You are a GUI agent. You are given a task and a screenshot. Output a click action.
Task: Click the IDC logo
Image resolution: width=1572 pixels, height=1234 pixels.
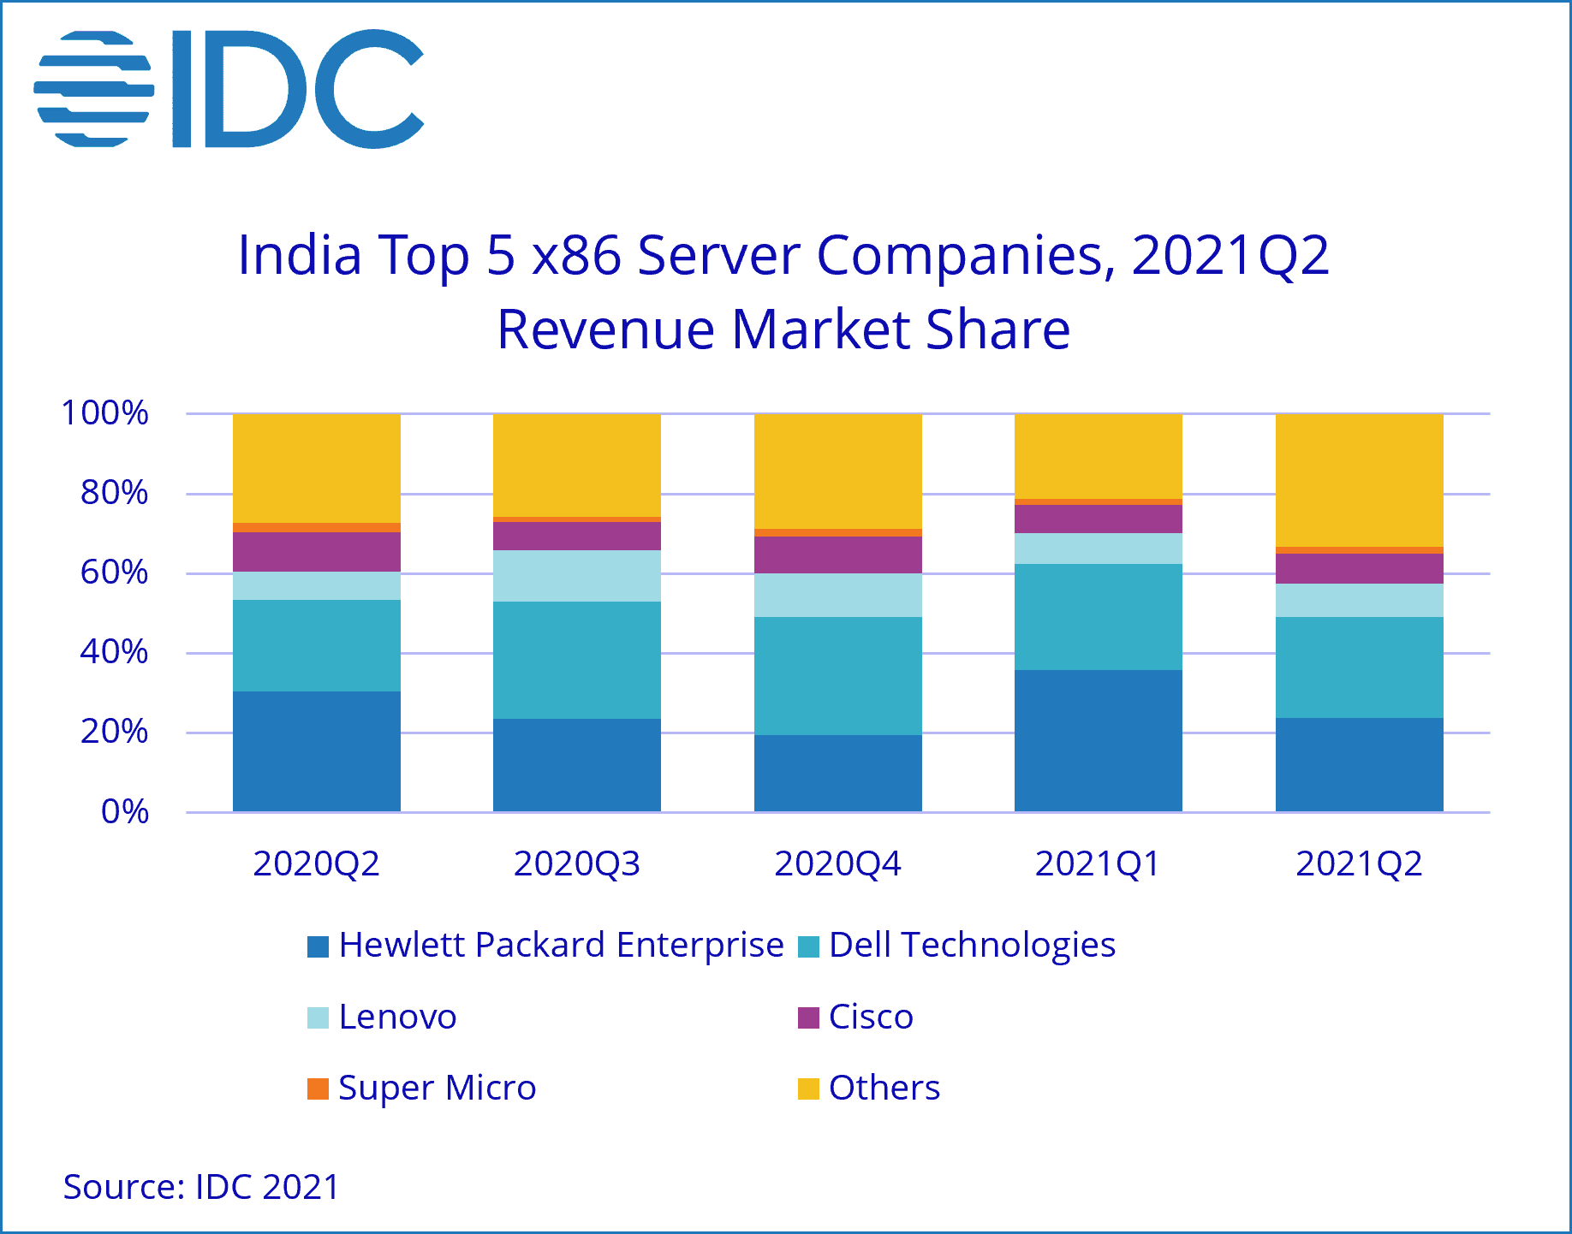click(x=229, y=88)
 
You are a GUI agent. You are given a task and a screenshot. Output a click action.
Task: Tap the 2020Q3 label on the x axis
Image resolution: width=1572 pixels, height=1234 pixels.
click(x=576, y=863)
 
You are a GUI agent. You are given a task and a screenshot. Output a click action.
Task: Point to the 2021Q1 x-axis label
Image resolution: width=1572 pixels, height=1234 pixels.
click(x=1098, y=863)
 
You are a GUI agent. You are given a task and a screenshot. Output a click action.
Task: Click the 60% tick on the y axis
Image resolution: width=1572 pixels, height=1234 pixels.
click(x=114, y=573)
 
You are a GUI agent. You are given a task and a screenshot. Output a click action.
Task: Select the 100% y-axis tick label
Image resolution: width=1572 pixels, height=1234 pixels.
click(x=104, y=413)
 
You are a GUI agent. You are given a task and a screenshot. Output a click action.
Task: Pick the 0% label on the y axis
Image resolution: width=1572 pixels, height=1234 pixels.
click(x=125, y=811)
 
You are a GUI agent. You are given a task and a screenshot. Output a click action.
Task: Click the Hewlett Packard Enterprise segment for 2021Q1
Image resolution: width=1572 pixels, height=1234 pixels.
click(x=1098, y=740)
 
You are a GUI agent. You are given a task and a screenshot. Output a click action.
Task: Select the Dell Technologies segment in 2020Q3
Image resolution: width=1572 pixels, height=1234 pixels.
click(x=576, y=660)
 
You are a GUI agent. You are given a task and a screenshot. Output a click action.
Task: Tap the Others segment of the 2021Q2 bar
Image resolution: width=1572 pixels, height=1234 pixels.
click(x=1359, y=479)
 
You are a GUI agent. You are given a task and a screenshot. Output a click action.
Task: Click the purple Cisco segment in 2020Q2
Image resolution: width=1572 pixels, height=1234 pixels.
click(x=316, y=552)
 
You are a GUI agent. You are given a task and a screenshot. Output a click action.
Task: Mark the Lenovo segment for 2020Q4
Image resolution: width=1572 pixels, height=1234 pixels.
click(x=837, y=595)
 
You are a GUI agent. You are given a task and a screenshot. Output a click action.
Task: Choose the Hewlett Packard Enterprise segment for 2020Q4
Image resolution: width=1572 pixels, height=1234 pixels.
click(x=837, y=773)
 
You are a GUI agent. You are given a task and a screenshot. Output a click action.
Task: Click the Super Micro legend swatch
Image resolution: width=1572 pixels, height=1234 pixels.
click(x=318, y=1089)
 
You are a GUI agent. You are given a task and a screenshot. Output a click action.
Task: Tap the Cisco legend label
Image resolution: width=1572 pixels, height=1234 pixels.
click(x=871, y=1017)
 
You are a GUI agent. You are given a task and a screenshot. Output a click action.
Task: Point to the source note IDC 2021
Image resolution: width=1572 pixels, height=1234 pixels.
click(x=201, y=1187)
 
